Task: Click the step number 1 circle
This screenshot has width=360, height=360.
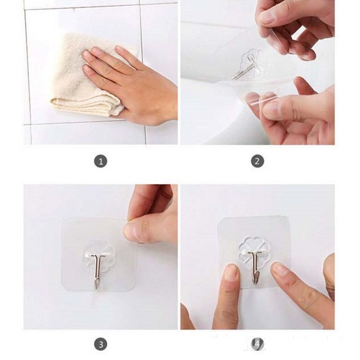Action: point(101,161)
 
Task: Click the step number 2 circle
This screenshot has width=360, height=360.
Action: point(257,161)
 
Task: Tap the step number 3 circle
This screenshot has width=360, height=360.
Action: point(101,344)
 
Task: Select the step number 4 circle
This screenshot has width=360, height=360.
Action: point(257,344)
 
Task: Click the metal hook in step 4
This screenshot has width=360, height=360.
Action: point(255,266)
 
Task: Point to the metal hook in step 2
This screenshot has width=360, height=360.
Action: point(243,68)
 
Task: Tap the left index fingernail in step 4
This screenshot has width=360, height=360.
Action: point(231,272)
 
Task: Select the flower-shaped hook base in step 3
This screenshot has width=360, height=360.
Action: point(99,255)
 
